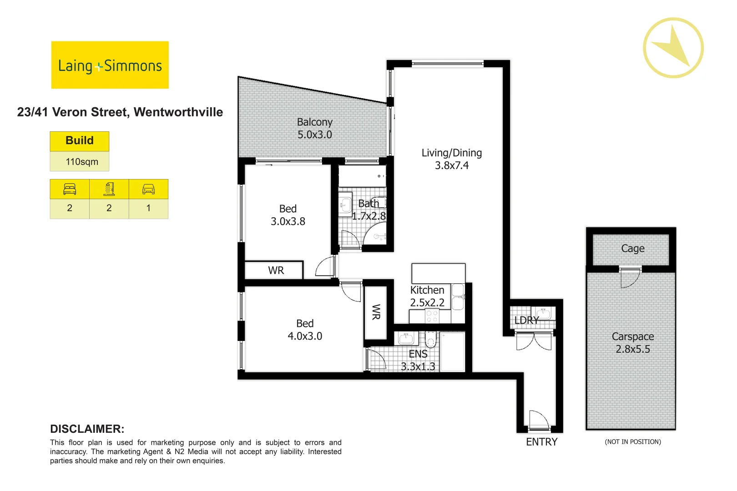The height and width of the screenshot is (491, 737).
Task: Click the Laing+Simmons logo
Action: click(110, 65)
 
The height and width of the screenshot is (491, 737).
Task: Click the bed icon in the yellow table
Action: click(70, 189)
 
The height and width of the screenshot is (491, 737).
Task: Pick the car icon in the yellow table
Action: click(148, 189)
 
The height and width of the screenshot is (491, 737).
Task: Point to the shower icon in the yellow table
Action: click(109, 189)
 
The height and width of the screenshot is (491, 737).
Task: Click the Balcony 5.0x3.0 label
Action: click(314, 128)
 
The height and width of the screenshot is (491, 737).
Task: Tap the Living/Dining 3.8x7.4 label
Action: click(451, 159)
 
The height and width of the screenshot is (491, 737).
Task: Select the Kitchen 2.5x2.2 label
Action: click(427, 296)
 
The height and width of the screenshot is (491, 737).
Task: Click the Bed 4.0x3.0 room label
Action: click(305, 330)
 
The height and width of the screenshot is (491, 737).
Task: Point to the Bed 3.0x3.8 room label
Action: click(288, 215)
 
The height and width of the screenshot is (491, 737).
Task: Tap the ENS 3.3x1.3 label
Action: click(418, 360)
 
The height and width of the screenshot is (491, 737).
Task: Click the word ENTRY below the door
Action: click(541, 442)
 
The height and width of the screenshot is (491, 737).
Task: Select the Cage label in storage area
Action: click(632, 249)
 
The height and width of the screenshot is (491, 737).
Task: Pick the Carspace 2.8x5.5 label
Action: click(632, 343)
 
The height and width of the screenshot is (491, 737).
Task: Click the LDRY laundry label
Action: click(526, 321)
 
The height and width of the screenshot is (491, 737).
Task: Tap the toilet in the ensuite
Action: click(430, 339)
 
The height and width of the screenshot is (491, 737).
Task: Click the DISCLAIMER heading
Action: click(87, 429)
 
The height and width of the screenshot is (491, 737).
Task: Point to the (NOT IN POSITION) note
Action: click(632, 442)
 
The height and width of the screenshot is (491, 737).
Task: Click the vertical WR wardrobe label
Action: click(376, 312)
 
